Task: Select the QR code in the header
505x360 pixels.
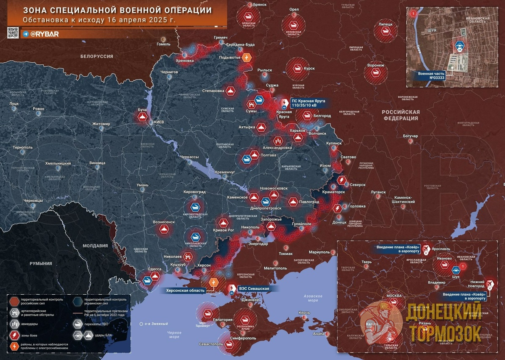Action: tap(13, 33)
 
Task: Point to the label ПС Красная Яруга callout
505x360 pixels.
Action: tap(307, 102)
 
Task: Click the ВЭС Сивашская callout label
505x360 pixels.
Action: tap(253, 288)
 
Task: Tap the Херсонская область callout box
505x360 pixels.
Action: tap(185, 291)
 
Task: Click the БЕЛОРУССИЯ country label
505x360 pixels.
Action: tap(97, 56)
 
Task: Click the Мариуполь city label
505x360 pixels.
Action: tap(319, 252)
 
